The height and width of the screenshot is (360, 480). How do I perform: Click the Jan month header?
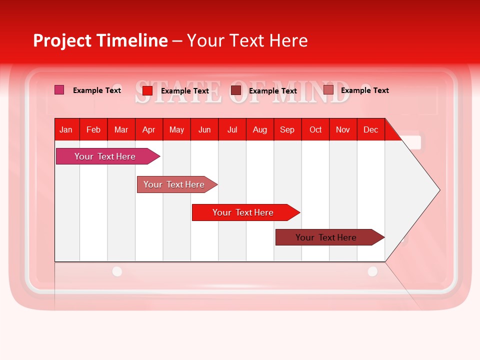coord(66,129)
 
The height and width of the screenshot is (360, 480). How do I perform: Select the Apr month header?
coord(148,129)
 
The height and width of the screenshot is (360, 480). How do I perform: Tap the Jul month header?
coord(232,129)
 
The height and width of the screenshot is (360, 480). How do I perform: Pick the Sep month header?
coord(287,129)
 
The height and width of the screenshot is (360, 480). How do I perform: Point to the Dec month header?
coord(370,129)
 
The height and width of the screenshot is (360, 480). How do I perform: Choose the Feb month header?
coord(93,129)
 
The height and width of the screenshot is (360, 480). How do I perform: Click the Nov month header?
coord(342,129)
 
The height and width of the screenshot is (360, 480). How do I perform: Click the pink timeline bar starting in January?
coord(105,156)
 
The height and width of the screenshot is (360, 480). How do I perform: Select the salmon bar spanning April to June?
coord(174,184)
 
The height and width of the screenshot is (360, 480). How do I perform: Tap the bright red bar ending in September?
coord(243,212)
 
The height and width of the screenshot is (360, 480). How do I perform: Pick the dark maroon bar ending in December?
coord(326,237)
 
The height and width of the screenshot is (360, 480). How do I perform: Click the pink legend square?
coord(59,90)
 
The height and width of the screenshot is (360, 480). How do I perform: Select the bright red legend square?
coord(147,90)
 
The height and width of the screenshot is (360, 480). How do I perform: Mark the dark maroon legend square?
coord(235,90)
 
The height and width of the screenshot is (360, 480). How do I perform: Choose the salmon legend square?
coord(328,90)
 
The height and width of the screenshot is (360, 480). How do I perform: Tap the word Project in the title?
coord(61,40)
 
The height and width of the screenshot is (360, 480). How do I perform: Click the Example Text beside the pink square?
coord(97,90)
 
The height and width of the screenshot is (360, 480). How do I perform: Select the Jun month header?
coord(204,129)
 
